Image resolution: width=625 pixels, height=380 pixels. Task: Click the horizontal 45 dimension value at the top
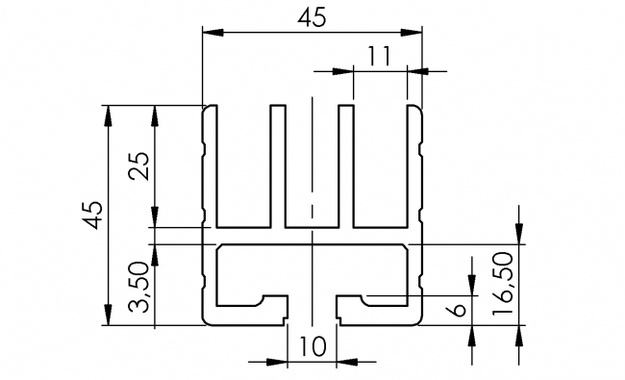pyautogui.click(x=312, y=17)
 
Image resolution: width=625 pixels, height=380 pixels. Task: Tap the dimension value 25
pyautogui.click(x=139, y=166)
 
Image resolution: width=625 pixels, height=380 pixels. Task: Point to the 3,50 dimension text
pyautogui.click(x=139, y=288)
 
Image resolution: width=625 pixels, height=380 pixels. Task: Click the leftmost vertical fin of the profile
pyautogui.click(x=209, y=164)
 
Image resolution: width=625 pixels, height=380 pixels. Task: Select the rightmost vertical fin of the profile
pyautogui.click(x=415, y=164)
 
